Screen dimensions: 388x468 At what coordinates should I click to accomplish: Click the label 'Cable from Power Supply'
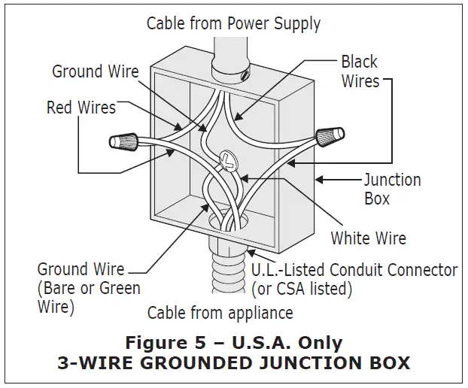point(233,23)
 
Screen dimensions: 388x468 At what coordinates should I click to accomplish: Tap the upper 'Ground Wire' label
point(95,71)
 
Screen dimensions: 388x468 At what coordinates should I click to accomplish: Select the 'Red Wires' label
point(81,108)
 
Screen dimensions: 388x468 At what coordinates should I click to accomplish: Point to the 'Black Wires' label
point(360,71)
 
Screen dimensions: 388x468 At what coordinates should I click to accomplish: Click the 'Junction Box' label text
point(392,189)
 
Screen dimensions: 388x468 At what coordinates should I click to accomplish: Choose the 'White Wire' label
point(368,238)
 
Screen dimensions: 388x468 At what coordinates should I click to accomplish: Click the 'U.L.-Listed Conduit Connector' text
point(354,269)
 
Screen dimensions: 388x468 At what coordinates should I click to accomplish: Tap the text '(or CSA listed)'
point(302,288)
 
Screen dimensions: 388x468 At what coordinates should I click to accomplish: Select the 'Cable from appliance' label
point(220,312)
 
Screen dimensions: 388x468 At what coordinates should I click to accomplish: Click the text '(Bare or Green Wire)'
point(88,297)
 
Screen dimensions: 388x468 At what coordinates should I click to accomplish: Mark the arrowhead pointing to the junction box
point(320,179)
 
